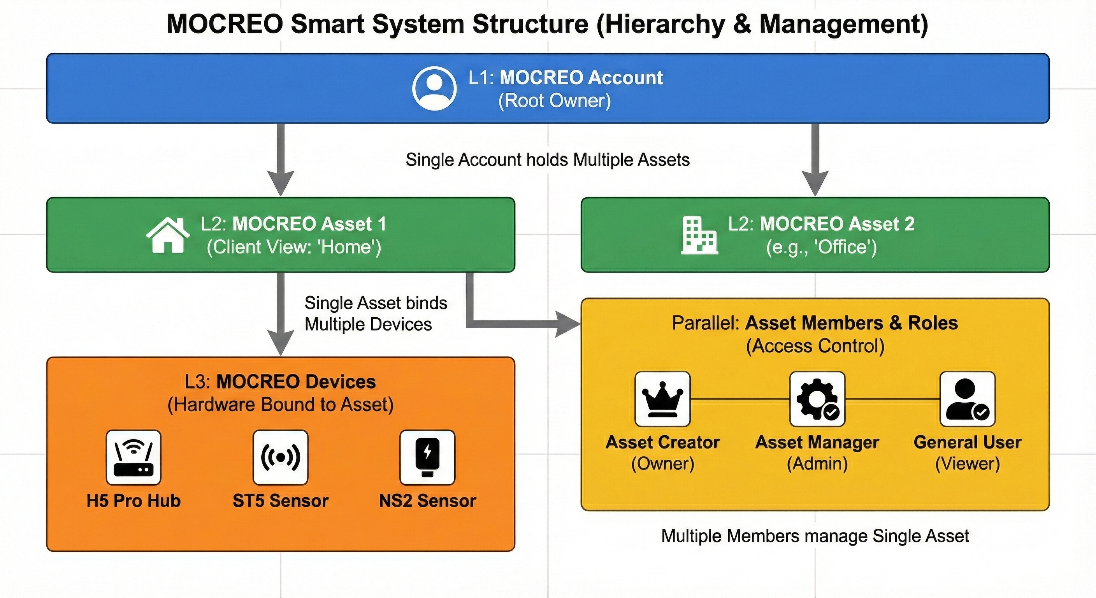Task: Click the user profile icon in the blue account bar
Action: click(434, 88)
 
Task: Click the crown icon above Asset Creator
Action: click(662, 399)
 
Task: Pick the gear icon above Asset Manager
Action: click(817, 399)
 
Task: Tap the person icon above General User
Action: click(967, 399)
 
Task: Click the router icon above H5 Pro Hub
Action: click(133, 457)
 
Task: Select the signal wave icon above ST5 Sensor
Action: click(280, 457)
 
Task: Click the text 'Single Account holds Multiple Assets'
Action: click(548, 160)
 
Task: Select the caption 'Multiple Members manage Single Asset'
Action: click(815, 536)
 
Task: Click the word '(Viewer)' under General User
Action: click(967, 464)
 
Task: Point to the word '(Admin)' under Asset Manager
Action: click(817, 464)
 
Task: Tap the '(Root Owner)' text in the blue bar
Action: click(554, 101)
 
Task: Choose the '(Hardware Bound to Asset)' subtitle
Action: click(280, 405)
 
